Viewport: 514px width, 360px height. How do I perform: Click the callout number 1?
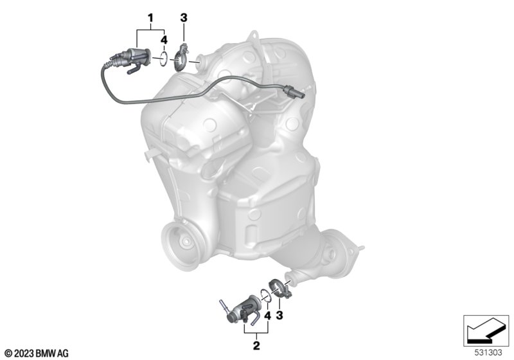150,18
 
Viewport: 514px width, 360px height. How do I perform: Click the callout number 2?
256,345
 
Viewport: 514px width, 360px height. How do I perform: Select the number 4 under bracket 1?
164,40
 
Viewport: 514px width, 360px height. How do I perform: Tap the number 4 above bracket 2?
268,316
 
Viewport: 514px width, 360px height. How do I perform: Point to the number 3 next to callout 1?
184,18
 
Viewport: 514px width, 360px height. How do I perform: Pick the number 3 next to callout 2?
279,316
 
